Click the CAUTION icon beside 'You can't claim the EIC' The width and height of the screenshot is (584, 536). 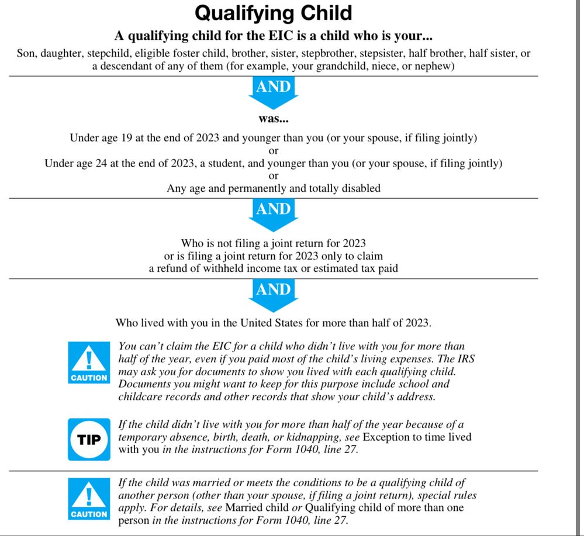tap(89, 363)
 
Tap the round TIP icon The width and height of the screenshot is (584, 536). tap(89, 439)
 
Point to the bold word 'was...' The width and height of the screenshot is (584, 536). tap(274, 120)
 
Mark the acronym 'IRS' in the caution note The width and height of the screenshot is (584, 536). tap(464, 359)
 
